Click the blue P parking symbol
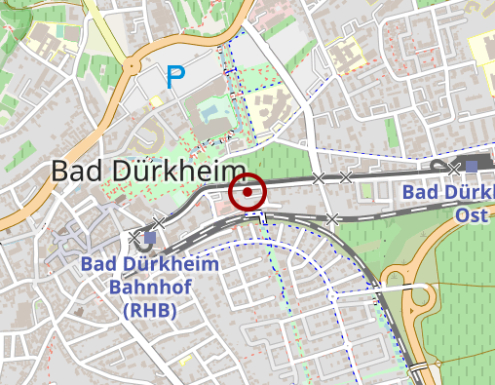pyautogui.click(x=175, y=77)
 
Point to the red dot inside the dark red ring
pyautogui.click(x=248, y=192)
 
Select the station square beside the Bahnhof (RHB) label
pyautogui.click(x=150, y=237)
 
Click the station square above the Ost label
pyautogui.click(x=472, y=167)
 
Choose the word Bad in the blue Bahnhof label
pyautogui.click(x=97, y=264)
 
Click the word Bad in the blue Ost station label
pyautogui.click(x=420, y=192)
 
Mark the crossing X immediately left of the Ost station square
pyautogui.click(x=454, y=168)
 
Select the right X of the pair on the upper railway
pyautogui.click(x=345, y=176)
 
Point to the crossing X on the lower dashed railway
pyautogui.click(x=332, y=218)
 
